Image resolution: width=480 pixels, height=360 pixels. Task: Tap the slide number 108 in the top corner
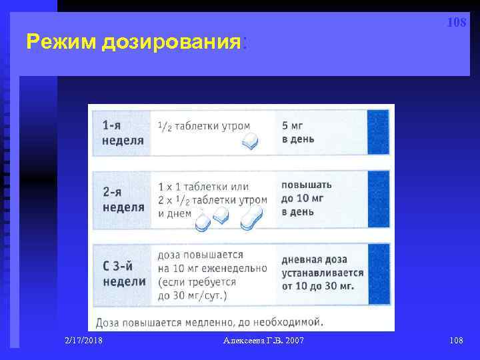point(456,23)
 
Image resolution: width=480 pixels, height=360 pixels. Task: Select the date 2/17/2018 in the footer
point(84,341)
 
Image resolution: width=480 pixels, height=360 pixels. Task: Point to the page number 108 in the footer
point(456,341)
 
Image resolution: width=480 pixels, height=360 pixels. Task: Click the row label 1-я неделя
point(123,133)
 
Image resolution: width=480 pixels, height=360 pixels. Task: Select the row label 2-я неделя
point(123,199)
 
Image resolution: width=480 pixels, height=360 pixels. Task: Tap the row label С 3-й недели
point(124,273)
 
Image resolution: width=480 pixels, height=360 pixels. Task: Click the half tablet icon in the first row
point(249,141)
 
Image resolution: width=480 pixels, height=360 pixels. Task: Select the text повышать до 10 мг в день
point(307,198)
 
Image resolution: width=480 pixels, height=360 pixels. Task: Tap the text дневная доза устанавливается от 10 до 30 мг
point(323,273)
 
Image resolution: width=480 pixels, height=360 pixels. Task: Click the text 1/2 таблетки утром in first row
point(203,126)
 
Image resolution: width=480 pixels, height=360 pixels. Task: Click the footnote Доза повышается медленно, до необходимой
point(209,322)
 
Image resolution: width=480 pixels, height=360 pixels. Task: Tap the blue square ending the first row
point(378,133)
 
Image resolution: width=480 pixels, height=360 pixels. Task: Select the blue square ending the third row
point(378,273)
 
